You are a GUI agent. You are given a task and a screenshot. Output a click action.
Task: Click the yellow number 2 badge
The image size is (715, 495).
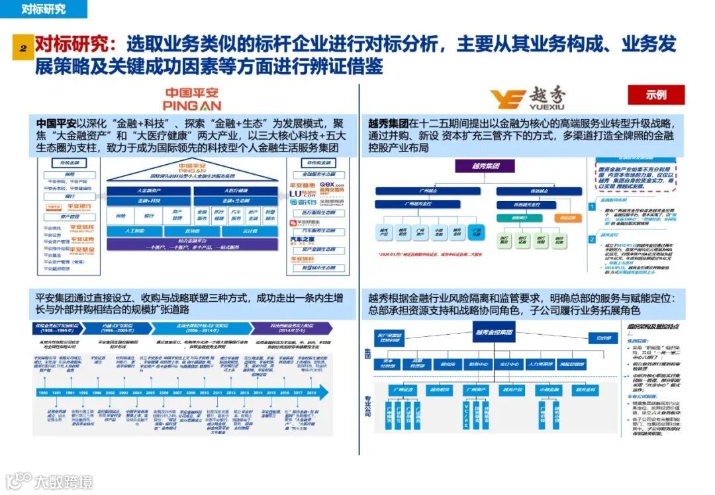click(23, 48)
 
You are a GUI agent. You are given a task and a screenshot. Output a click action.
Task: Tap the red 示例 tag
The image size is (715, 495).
click(656, 95)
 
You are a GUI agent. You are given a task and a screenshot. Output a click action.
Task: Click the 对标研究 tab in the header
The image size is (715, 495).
click(44, 9)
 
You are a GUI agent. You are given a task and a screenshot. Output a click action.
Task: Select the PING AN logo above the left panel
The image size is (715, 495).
click(191, 99)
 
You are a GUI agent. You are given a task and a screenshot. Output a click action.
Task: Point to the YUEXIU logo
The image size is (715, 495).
click(528, 100)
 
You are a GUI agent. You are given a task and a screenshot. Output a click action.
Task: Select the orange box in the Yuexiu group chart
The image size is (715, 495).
click(565, 218)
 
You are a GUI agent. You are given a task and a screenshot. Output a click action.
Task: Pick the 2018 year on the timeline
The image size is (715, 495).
click(311, 392)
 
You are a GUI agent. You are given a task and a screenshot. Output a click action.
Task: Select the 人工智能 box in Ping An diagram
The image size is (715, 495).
click(134, 231)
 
